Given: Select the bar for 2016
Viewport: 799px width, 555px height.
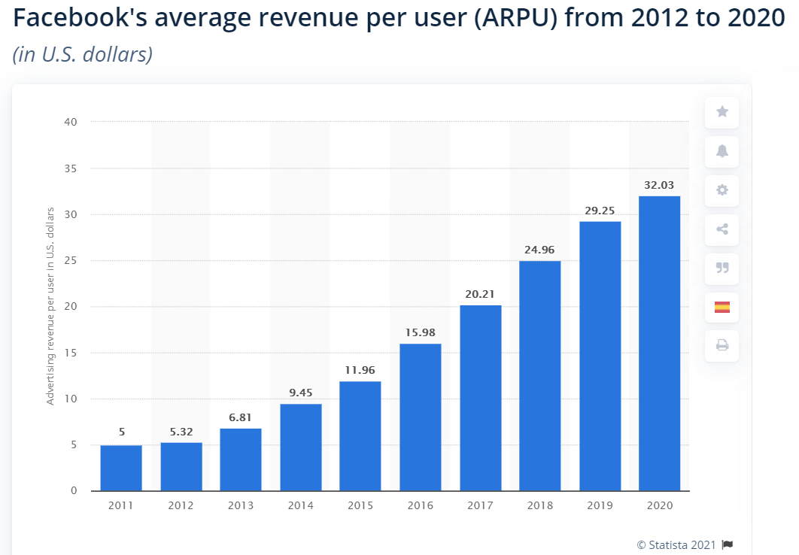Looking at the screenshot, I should pos(420,417).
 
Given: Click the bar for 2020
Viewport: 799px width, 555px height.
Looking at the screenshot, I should pos(659,344).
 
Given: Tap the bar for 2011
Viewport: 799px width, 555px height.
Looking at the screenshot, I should pos(121,468).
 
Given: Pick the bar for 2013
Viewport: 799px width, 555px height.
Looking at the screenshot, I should pos(241,459).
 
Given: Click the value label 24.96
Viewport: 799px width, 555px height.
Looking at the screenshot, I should pos(539,249).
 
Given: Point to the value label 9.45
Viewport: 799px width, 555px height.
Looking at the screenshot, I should pos(300,392).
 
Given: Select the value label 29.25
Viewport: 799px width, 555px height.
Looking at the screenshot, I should pos(600,210).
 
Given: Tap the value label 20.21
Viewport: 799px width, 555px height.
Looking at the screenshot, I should pos(480,293).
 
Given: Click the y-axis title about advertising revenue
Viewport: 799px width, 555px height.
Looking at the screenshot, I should pos(50,306).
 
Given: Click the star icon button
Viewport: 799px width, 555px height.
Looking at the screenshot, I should pos(722,112).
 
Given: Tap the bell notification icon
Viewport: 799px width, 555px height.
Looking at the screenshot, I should pos(722,151).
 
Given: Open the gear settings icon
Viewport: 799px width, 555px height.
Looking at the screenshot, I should pos(722,190).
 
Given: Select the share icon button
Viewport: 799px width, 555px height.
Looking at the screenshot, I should pos(722,229).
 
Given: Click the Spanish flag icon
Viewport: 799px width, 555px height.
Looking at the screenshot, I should pos(722,307).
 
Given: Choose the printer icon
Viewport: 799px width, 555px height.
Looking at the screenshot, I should pos(722,346).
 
